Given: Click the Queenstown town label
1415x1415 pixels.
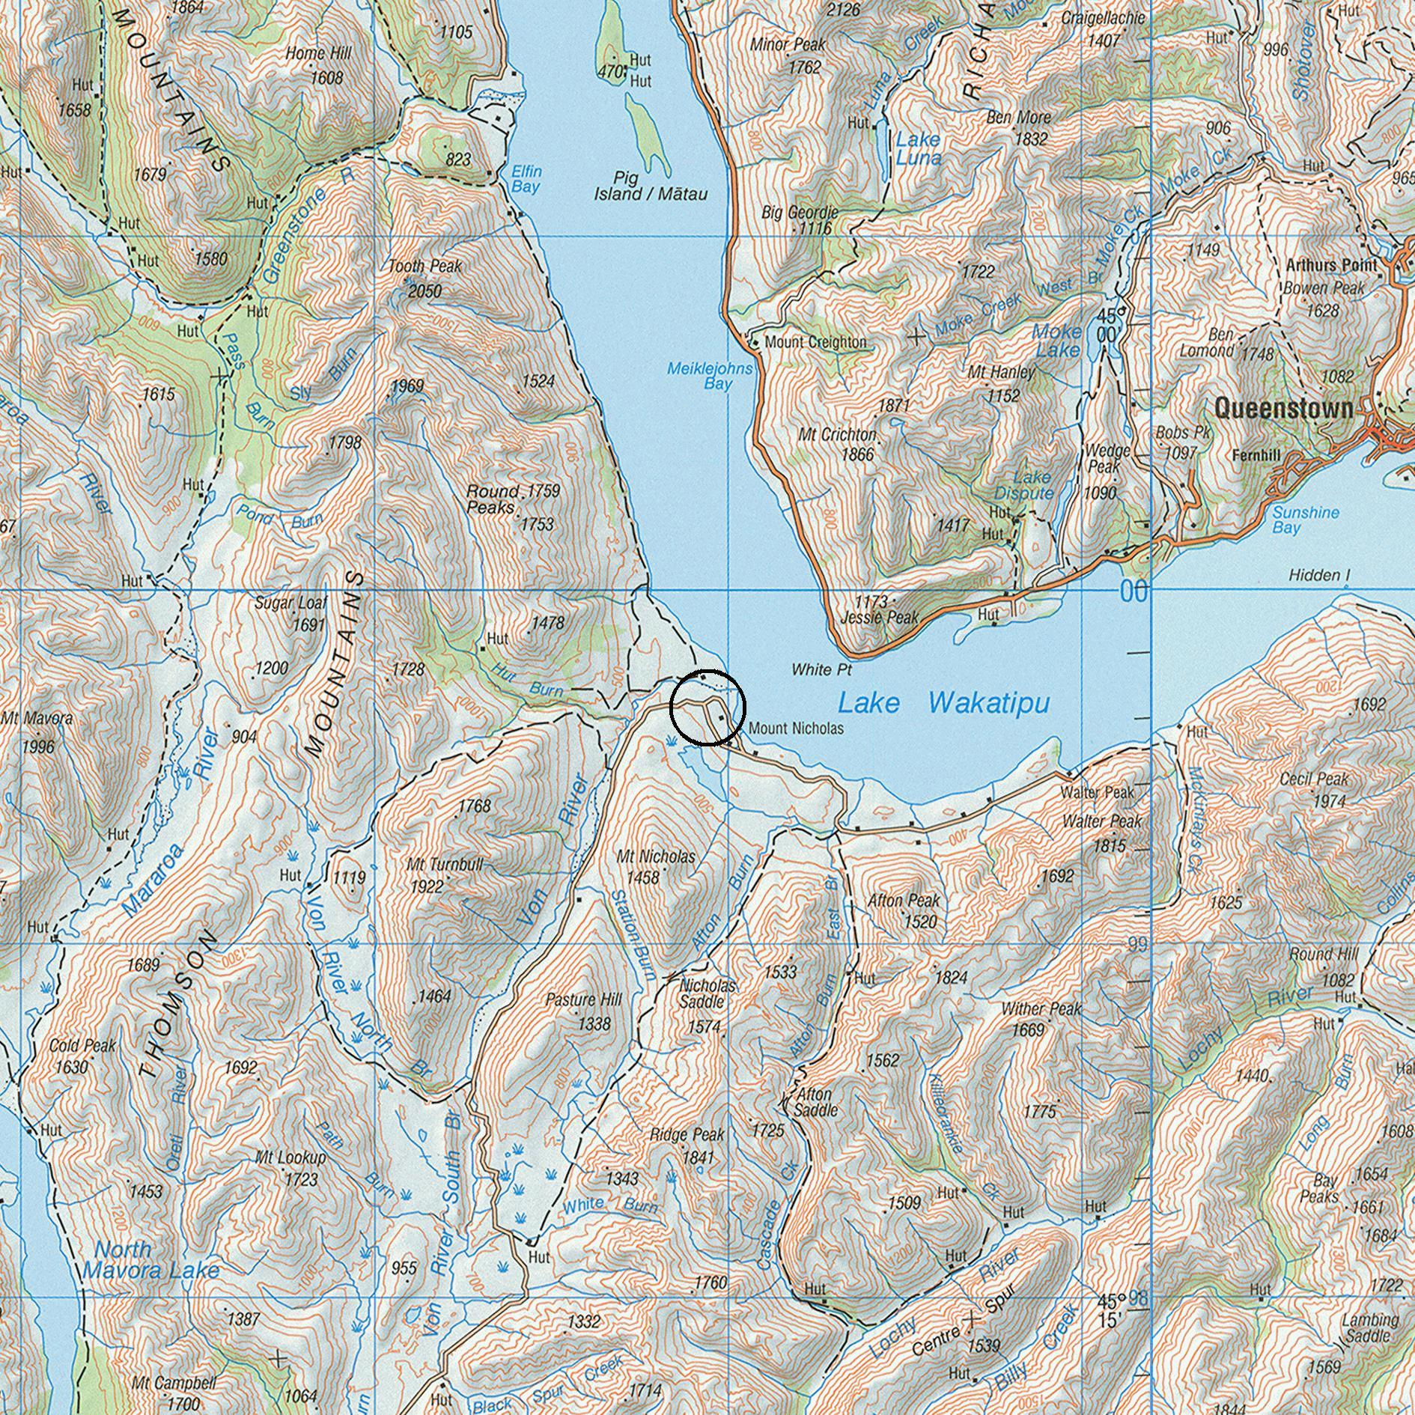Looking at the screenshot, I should pyautogui.click(x=1283, y=409).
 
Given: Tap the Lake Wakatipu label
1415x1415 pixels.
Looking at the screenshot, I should pyautogui.click(x=943, y=703).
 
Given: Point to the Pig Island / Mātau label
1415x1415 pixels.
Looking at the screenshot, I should pyautogui.click(x=650, y=186).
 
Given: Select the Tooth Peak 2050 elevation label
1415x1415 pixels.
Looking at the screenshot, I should pyautogui.click(x=424, y=291).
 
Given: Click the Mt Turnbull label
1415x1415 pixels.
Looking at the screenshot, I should pyautogui.click(x=444, y=865).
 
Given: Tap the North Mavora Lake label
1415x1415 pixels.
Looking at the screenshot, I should pyautogui.click(x=150, y=1259).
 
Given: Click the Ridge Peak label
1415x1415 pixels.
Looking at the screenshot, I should pyautogui.click(x=687, y=1135).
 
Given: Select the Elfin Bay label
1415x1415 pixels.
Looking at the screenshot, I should pyautogui.click(x=526, y=179).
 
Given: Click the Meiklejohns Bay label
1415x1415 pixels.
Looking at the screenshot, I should pyautogui.click(x=709, y=376).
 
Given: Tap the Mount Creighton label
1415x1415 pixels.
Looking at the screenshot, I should pyautogui.click(x=815, y=342).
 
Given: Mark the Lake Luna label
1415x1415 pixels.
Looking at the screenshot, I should pyautogui.click(x=918, y=148).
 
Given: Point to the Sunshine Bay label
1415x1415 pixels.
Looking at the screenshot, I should pyautogui.click(x=1305, y=520).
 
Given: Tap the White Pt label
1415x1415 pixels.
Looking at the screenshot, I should pyautogui.click(x=822, y=669).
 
